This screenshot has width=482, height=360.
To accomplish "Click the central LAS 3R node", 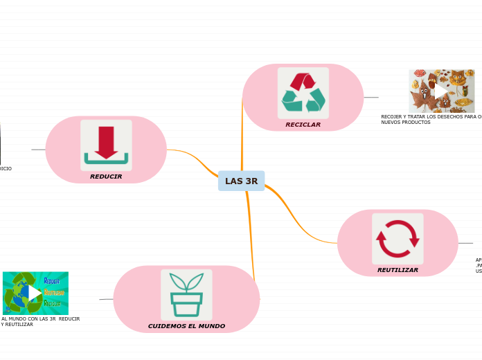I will point(241,181).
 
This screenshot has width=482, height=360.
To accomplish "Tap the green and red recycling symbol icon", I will point(303,93).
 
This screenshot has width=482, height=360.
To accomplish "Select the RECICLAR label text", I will point(303,125).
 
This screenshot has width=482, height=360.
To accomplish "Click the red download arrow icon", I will point(106,144).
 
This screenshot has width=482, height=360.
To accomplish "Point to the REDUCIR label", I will point(106,177).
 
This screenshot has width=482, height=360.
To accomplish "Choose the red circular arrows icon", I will point(398,239).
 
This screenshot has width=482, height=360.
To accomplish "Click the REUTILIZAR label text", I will point(398,270).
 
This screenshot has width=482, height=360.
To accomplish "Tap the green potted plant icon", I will point(186,294).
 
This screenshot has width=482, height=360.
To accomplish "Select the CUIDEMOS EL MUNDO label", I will point(186,326).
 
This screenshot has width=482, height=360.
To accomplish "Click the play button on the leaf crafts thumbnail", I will point(441,91).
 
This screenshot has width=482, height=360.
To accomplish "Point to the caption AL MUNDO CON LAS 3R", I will point(40,321).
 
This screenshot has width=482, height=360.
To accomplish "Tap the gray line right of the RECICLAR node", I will point(371,98).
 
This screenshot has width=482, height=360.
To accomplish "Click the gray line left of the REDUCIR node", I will point(38,150).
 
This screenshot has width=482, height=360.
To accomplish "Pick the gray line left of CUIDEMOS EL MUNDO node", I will point(106,299).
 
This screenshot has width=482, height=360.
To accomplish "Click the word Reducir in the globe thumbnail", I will point(52,281).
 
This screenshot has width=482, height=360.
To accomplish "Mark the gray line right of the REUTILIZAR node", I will point(465,243).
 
